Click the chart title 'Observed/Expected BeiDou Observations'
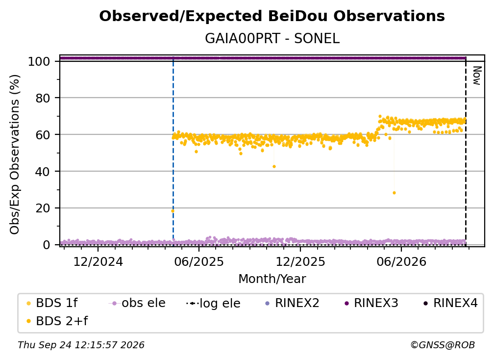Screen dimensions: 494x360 [272, 16]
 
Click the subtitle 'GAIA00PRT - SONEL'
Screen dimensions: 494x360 [272, 39]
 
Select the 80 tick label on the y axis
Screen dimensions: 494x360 [43, 99]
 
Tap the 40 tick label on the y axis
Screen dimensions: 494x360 [43, 172]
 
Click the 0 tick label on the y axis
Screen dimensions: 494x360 [47, 245]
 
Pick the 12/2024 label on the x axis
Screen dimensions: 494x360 [98, 261]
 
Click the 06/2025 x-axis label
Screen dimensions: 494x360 [199, 261]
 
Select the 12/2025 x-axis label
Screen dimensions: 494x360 [300, 261]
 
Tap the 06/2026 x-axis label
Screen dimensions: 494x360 [401, 261]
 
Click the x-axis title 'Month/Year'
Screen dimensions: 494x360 [272, 279]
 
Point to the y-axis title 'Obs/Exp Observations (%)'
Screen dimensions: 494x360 [15, 154]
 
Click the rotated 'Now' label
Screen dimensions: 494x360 [477, 76]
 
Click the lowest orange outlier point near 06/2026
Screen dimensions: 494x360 [394, 193]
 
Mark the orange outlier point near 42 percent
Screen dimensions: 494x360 [274, 166]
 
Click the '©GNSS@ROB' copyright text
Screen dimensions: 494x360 [443, 345]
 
